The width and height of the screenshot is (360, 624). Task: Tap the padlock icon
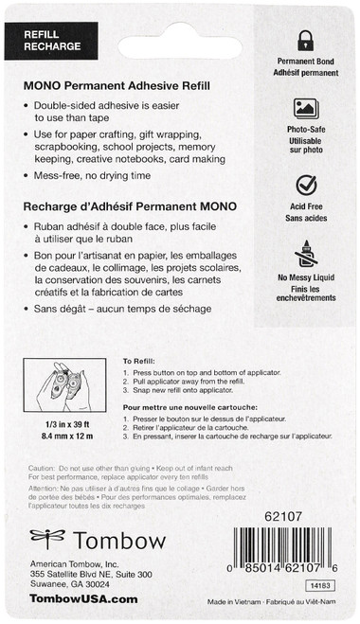[305, 40]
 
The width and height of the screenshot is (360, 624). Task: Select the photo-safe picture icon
[305, 108]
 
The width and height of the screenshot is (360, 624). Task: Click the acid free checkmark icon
[305, 185]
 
